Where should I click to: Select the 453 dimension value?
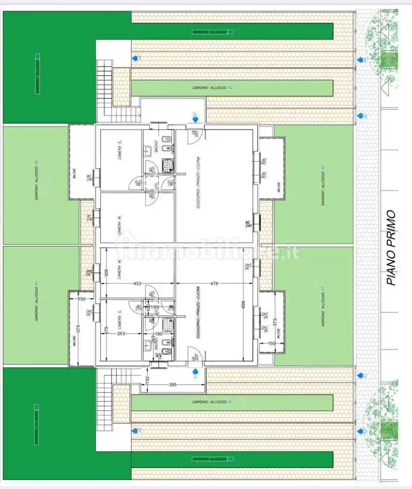tap(137, 283)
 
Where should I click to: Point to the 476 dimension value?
tap(214, 283)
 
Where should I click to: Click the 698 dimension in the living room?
tap(243, 305)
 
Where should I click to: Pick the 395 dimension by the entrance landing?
tap(172, 384)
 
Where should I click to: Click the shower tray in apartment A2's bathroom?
tap(167, 166)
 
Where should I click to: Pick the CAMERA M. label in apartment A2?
tap(120, 225)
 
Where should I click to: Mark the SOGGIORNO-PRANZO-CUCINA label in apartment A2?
tap(198, 182)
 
